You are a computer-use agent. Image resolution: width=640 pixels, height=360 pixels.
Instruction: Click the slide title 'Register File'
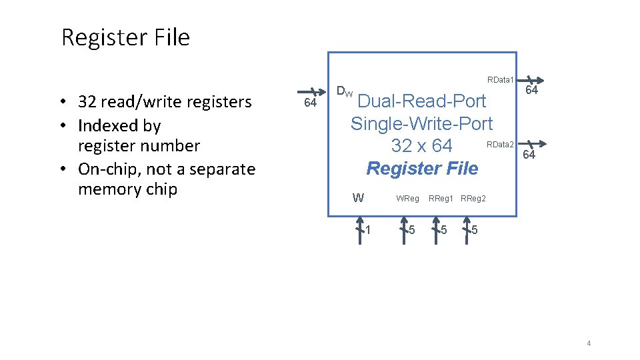click(x=125, y=38)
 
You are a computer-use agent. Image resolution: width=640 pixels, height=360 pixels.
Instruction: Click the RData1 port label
click(x=500, y=80)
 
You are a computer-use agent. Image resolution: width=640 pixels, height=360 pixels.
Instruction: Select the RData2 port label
click(x=500, y=145)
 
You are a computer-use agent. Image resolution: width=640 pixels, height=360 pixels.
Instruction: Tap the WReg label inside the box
click(x=407, y=199)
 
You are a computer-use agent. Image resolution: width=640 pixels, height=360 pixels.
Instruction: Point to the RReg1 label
click(x=441, y=199)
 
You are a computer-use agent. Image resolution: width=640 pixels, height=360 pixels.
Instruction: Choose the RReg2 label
click(x=473, y=199)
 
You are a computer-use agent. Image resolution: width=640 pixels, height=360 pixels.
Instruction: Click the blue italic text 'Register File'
click(x=422, y=169)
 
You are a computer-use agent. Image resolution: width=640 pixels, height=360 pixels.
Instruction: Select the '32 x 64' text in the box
click(x=421, y=146)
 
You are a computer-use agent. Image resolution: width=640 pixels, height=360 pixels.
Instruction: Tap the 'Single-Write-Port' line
click(x=421, y=124)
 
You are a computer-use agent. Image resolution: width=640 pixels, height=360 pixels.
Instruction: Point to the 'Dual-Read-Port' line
click(x=423, y=102)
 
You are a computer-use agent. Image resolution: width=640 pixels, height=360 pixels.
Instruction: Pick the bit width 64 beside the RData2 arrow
click(x=529, y=155)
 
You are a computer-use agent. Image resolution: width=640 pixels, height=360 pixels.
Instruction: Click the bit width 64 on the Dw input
click(x=310, y=103)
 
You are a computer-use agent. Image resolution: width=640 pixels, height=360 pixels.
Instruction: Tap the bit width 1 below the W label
click(x=367, y=231)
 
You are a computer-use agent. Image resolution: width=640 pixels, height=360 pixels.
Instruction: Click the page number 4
click(x=589, y=343)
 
